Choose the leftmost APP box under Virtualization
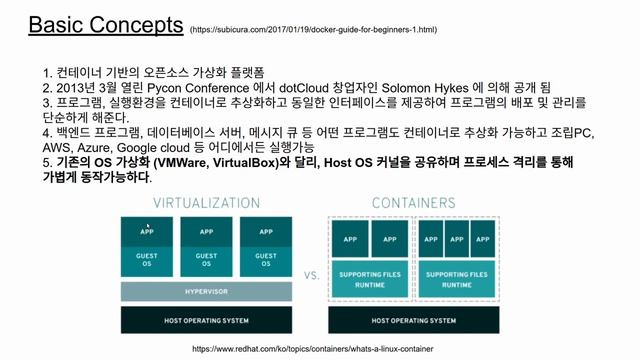coord(148,231)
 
